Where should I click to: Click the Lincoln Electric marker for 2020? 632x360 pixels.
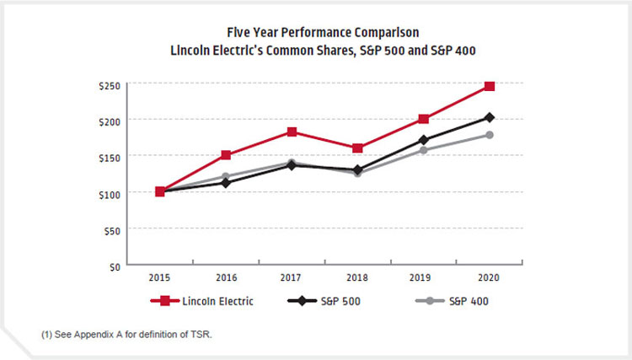(x=490, y=86)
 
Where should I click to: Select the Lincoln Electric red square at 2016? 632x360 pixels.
(x=226, y=155)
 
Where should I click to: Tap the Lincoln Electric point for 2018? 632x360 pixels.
(x=358, y=148)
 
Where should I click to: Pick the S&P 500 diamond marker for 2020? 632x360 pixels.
(x=490, y=117)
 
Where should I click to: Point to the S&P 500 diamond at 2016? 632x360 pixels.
(x=226, y=183)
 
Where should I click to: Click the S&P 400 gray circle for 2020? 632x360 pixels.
(x=490, y=135)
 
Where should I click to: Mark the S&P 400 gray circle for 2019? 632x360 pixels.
(x=424, y=150)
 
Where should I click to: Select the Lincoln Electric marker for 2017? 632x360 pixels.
(x=292, y=132)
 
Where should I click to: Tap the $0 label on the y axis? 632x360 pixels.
(x=114, y=266)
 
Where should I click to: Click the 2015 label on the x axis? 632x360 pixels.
(x=160, y=279)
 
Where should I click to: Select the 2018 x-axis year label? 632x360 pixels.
(x=358, y=279)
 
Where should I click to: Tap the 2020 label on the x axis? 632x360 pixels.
(x=490, y=279)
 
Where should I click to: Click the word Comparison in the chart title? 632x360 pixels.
(x=363, y=33)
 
